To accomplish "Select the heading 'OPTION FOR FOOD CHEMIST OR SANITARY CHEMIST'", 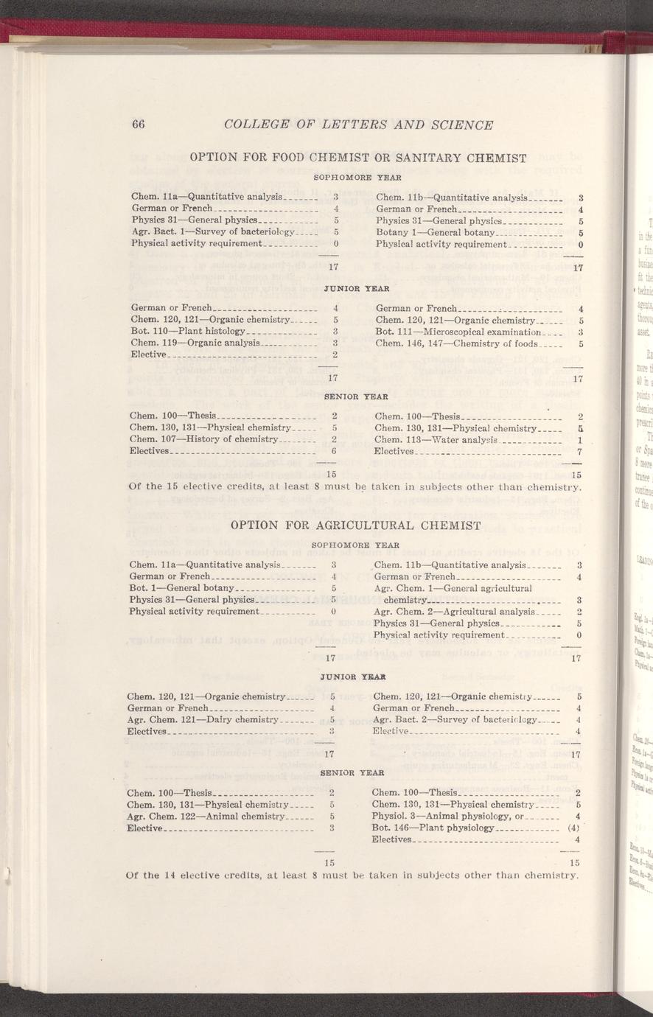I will pyautogui.click(x=357, y=158).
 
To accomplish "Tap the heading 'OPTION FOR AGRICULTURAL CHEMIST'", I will pyautogui.click(x=356, y=525).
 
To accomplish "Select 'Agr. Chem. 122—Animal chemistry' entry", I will pyautogui.click(x=201, y=817).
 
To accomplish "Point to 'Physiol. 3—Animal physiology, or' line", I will pyautogui.click(x=447, y=817).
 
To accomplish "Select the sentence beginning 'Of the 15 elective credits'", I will pyautogui.click(x=356, y=487).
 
